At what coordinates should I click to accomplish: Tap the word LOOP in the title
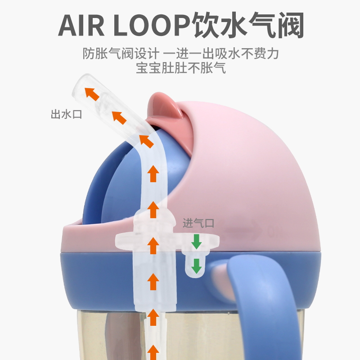click(x=151, y=26)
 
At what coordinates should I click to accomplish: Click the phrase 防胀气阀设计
click(x=121, y=54)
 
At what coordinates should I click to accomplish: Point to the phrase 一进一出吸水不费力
click(x=221, y=54)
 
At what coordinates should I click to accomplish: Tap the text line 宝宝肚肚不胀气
click(x=180, y=68)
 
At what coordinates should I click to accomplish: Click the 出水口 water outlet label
click(x=66, y=114)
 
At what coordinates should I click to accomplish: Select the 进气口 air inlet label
click(x=198, y=223)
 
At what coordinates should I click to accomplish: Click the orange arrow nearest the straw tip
click(x=92, y=93)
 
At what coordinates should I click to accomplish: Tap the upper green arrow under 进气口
click(x=197, y=242)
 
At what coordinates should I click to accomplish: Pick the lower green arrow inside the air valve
click(x=197, y=265)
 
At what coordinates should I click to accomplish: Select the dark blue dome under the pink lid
click(x=117, y=180)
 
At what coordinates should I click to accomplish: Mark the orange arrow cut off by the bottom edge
click(x=153, y=352)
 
